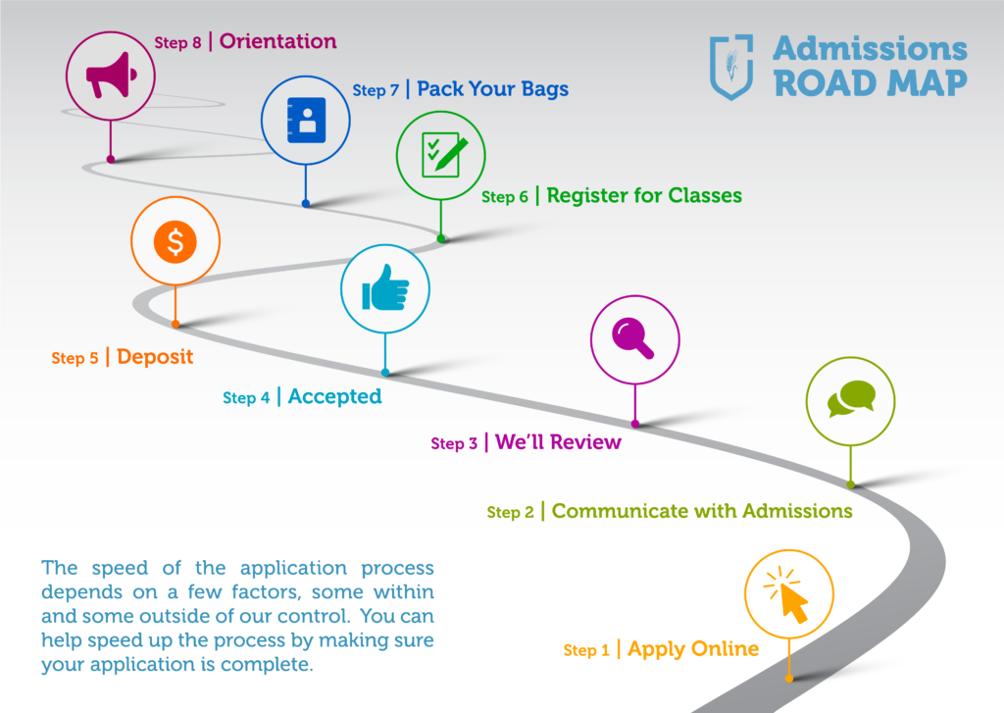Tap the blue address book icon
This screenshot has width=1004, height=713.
click(x=306, y=120)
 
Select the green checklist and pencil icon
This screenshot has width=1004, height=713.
click(x=443, y=154)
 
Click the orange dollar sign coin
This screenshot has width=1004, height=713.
click(x=175, y=241)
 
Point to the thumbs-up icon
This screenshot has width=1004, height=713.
click(x=384, y=289)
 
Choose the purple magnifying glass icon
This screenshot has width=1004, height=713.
click(x=632, y=337)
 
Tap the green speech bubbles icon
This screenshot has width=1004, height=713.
click(x=851, y=398)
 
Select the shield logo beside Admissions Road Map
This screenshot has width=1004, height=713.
click(x=731, y=67)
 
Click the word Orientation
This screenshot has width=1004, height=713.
click(x=277, y=41)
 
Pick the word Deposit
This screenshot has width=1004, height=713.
click(x=155, y=356)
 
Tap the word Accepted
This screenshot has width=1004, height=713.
click(x=335, y=396)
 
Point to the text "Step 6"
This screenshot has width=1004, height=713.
click(x=505, y=197)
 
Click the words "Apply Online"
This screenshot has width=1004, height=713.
click(x=693, y=649)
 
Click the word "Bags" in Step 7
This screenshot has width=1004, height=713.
click(x=545, y=89)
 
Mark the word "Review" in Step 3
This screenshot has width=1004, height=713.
click(x=585, y=442)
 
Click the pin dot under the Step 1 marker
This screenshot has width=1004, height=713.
click(x=789, y=679)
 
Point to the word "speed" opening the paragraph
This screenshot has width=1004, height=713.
click(x=120, y=569)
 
